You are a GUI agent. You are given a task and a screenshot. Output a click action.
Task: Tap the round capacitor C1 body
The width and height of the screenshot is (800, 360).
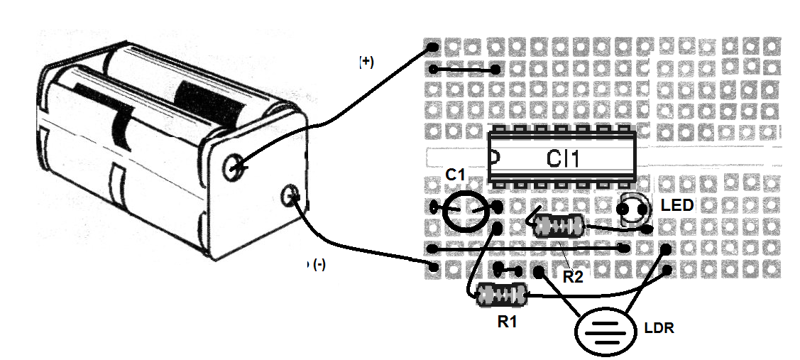click(466, 208)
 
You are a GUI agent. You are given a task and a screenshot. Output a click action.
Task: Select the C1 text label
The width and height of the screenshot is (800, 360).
click(455, 175)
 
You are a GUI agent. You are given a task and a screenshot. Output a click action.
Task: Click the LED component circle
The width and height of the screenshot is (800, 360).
click(633, 210)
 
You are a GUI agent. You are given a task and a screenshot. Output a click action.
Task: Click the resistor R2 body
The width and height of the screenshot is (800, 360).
click(559, 227)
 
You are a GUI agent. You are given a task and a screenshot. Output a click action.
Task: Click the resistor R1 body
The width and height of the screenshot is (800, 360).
click(501, 295)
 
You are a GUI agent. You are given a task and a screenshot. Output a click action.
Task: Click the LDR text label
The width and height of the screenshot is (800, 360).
click(659, 329)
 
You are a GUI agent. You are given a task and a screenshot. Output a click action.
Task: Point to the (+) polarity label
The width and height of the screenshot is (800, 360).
click(366, 62)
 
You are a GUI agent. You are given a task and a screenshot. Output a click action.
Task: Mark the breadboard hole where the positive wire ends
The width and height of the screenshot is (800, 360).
click(433, 48)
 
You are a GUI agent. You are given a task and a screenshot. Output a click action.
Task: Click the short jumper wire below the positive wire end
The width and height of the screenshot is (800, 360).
click(465, 70)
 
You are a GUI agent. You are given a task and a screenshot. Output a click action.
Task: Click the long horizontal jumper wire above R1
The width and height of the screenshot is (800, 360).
click(528, 249)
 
